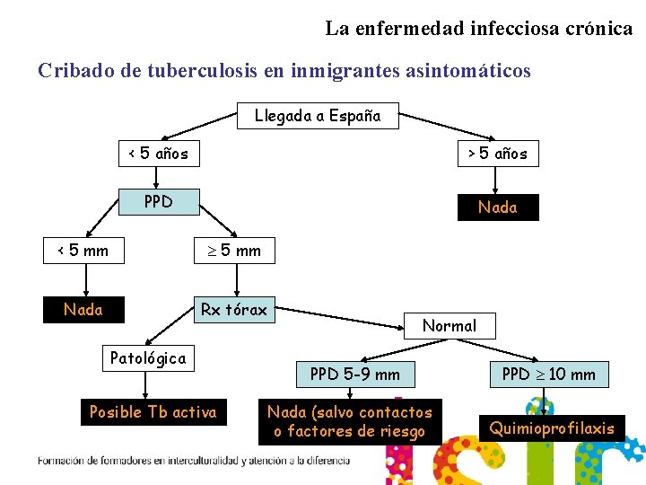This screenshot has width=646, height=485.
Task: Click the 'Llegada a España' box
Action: pos(318,116)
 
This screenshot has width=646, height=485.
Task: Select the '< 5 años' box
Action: pos(159,153)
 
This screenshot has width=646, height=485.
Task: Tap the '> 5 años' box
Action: pos(497,154)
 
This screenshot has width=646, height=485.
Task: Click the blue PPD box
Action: pos(159,201)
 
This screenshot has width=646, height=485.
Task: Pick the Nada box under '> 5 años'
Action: pos(497,207)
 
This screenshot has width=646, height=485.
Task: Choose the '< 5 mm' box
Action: pos(83,251)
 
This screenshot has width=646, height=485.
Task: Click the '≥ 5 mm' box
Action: pos(235,251)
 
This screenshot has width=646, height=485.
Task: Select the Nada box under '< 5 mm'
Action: pos(83,310)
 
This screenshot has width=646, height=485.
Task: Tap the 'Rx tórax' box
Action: pos(234,310)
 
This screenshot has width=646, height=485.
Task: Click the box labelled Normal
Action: pos(450,325)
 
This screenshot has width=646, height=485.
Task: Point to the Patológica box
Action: pos(148,358)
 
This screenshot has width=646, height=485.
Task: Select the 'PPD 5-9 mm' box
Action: pos(355,374)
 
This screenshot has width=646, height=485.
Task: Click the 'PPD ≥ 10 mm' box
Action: pos(548,374)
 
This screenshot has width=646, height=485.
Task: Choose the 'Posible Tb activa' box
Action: pos(153,412)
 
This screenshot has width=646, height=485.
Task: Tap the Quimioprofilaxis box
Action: pos(552,428)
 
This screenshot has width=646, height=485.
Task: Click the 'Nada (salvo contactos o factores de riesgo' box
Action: pos(350,421)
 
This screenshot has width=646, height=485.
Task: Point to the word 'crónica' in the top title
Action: pos(598,28)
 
